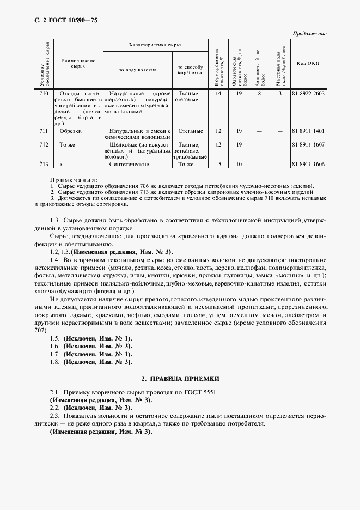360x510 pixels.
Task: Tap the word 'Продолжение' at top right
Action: click(309, 34)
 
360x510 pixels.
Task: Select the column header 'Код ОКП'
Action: click(308, 64)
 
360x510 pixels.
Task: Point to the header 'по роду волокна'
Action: click(137, 70)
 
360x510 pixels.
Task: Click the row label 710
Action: click(44, 94)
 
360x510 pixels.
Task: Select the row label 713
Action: click(44, 163)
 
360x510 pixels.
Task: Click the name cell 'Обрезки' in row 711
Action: click(70, 131)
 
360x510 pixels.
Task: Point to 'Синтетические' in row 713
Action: click(129, 163)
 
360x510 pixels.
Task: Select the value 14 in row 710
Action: click(218, 94)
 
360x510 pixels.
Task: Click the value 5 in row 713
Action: click(218, 163)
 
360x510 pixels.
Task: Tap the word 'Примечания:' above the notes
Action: click(74, 179)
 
